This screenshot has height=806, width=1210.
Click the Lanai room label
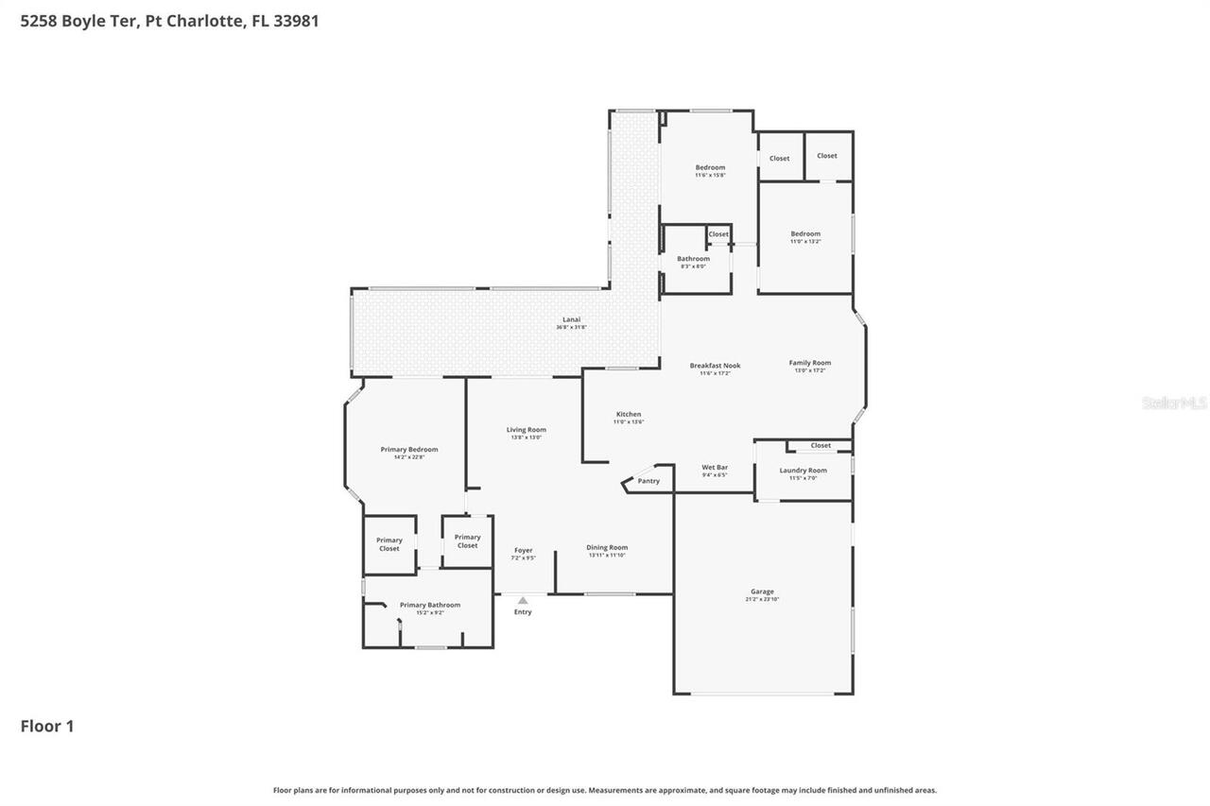click(x=572, y=320)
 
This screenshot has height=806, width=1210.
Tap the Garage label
click(x=762, y=592)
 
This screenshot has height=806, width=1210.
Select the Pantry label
click(x=648, y=481)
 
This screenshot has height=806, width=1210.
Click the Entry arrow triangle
click(x=523, y=600)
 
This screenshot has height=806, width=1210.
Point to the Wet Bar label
click(x=715, y=468)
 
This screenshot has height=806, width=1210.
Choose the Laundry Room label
click(x=803, y=471)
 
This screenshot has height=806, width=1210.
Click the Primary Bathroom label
click(x=430, y=606)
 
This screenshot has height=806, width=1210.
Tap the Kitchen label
click(x=629, y=415)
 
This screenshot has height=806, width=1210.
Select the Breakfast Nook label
click(x=715, y=366)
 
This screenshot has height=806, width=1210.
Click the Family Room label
click(x=810, y=363)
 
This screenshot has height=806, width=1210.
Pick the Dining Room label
click(x=607, y=548)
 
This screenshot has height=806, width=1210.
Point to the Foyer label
click(x=523, y=551)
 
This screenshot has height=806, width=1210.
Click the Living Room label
click(x=526, y=430)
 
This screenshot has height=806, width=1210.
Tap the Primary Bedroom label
click(x=409, y=450)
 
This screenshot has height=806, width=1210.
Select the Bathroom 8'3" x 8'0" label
click(x=693, y=259)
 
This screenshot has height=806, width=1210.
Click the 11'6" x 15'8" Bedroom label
click(x=710, y=168)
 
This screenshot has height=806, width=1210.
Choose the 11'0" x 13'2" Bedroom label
click(x=805, y=234)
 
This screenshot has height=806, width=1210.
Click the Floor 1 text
click(x=47, y=727)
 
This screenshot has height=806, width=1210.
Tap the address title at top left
click(x=169, y=21)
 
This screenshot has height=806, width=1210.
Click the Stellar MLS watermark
click(x=1174, y=403)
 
